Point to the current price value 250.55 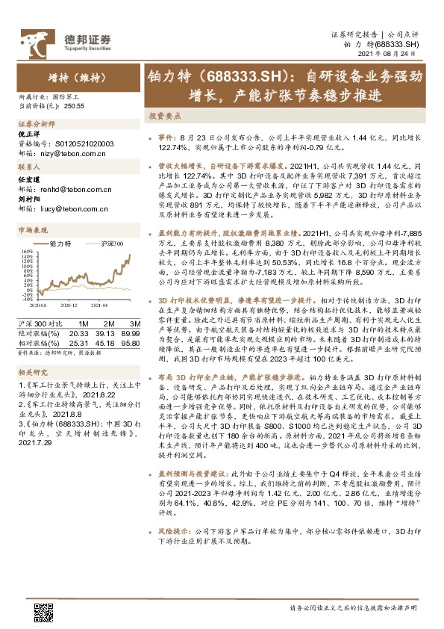click(x=75, y=107)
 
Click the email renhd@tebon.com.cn click(x=79, y=190)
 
